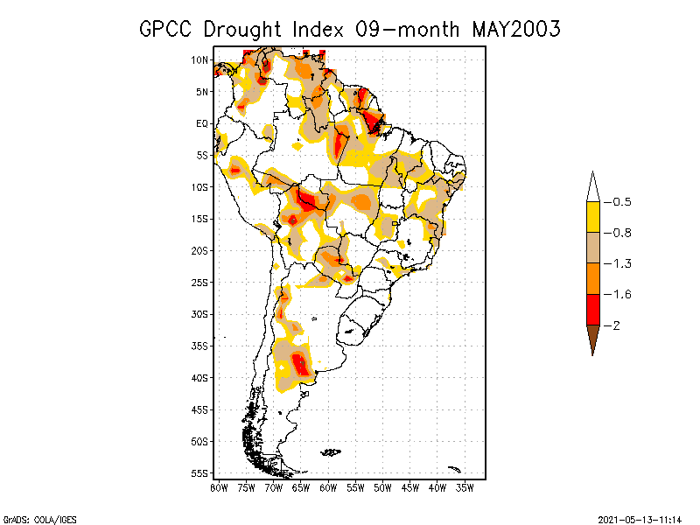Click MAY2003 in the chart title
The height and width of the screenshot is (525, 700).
tap(516, 29)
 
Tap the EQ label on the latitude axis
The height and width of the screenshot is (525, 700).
tap(202, 123)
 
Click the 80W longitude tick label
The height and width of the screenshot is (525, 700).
tap(220, 487)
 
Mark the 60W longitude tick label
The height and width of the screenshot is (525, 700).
tap(328, 487)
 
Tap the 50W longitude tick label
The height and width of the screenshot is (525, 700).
tap(383, 487)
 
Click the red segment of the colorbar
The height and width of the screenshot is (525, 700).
tap(592, 310)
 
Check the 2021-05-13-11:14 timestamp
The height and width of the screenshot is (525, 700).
tap(640, 518)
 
